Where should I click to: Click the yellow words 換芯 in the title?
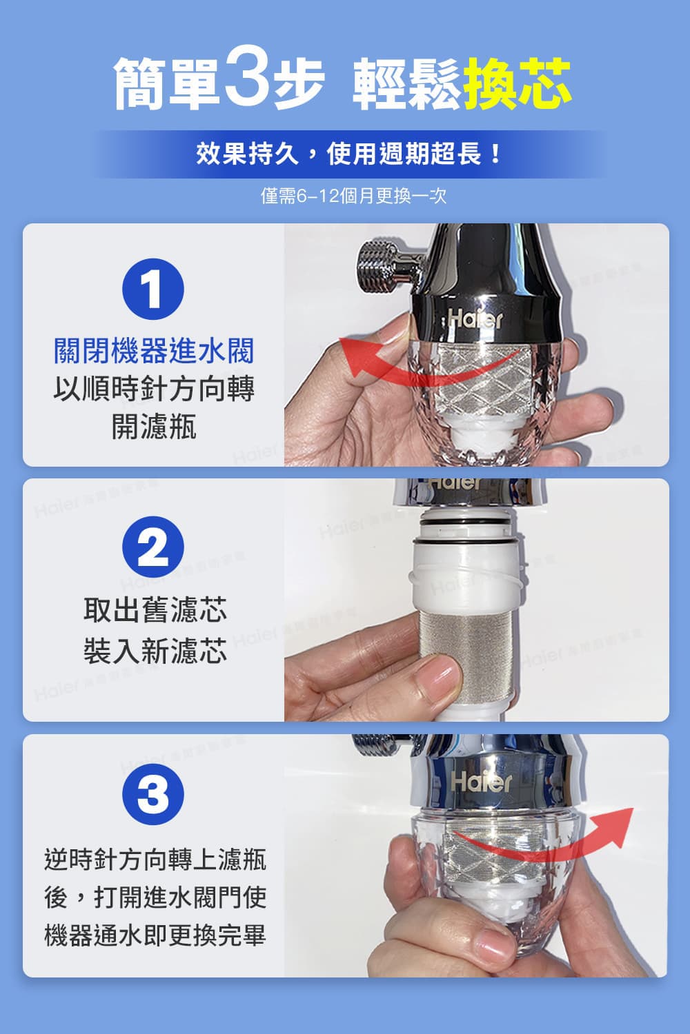pyautogui.click(x=517, y=83)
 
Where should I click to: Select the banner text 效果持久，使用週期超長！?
pyautogui.click(x=349, y=154)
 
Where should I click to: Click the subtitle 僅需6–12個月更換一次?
pyautogui.click(x=353, y=196)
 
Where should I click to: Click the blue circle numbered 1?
pyautogui.click(x=152, y=290)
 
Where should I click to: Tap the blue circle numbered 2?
pyautogui.click(x=152, y=547)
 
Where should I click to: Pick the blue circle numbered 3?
pyautogui.click(x=152, y=794)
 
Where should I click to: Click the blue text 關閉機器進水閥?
pyautogui.click(x=154, y=351)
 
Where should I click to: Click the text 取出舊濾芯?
pyautogui.click(x=155, y=610)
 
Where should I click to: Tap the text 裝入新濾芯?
pyautogui.click(x=155, y=650)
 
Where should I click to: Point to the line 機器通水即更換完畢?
pyautogui.click(x=155, y=935)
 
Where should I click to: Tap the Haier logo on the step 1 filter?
pyautogui.click(x=476, y=318)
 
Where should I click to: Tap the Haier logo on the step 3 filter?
pyautogui.click(x=481, y=781)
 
